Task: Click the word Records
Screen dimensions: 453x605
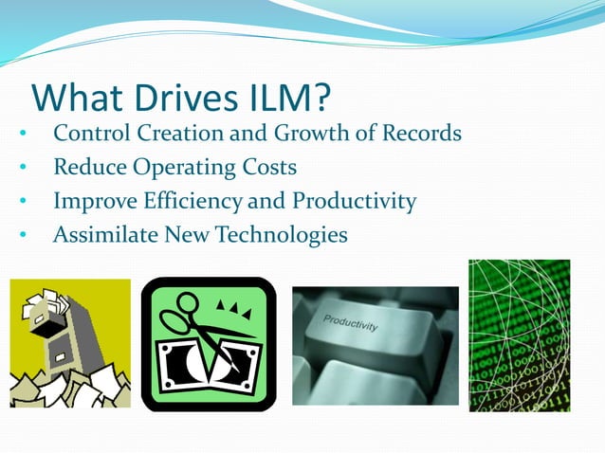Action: click(422, 134)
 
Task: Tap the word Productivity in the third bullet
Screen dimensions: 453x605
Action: click(354, 202)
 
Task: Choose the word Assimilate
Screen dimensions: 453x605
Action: click(99, 233)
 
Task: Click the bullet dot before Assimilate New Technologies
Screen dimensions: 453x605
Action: click(22, 235)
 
